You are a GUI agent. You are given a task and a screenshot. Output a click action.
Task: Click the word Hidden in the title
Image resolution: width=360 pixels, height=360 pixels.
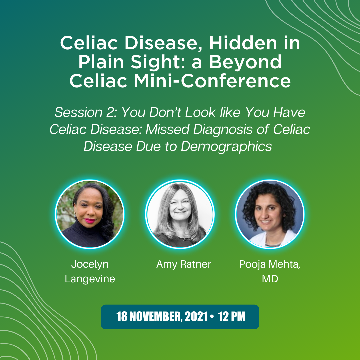[x=243, y=43]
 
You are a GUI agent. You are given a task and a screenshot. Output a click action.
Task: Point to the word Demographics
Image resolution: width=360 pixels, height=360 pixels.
[x=226, y=146]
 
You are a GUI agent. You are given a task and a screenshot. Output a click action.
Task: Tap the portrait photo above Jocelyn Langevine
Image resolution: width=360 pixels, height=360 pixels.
[x=90, y=214]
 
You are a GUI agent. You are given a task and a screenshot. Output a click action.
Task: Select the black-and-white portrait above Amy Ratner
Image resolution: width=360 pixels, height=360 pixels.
[x=180, y=214]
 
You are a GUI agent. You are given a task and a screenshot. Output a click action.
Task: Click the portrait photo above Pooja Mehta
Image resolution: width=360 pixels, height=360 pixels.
[x=270, y=214]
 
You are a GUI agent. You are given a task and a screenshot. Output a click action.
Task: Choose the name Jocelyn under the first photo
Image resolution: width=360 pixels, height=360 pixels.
[x=90, y=264]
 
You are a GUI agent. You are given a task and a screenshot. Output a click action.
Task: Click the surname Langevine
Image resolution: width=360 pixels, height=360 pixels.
[x=90, y=279]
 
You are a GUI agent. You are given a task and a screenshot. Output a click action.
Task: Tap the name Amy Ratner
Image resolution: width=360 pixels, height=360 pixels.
[x=183, y=264]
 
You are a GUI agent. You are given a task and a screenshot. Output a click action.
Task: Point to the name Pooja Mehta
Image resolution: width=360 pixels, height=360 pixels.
[x=270, y=264]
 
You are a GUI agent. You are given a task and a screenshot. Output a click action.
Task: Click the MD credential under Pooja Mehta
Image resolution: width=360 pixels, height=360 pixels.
[x=270, y=279]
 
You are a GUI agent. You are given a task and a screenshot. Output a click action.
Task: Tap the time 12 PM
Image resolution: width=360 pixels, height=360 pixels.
[x=232, y=317]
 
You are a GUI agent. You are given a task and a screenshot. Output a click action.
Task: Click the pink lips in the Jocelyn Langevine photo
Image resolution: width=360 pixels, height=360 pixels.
[x=90, y=221]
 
